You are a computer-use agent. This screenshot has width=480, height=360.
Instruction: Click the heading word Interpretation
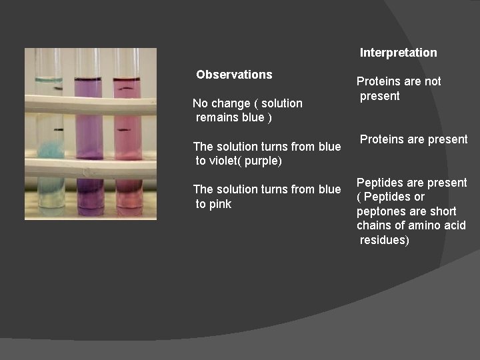pos(398,53)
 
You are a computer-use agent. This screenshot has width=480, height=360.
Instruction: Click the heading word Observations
pos(234,75)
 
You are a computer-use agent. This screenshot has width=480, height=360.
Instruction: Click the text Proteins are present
pos(413,139)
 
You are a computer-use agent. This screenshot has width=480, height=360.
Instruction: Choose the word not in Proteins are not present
pos(432,81)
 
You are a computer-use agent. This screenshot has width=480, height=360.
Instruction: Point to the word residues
pos(383,240)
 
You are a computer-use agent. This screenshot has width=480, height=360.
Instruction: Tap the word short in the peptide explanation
pos(443,211)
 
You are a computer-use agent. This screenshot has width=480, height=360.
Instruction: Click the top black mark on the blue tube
pos(58,88)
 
